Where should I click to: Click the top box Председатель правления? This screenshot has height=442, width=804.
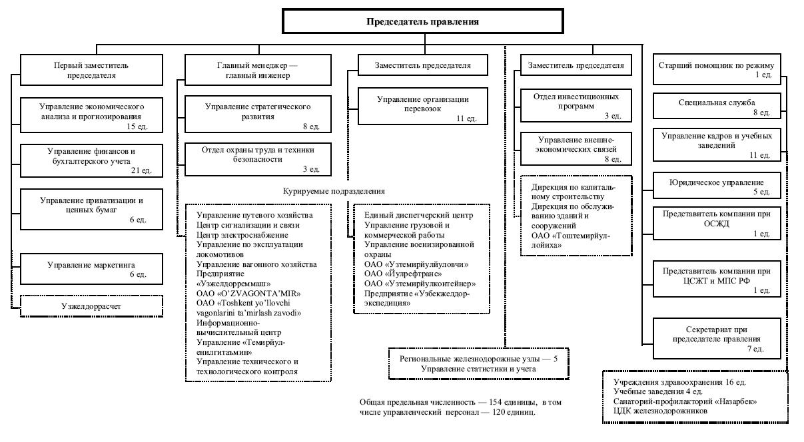pyautogui.click(x=422, y=21)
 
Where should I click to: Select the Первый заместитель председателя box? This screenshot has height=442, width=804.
pyautogui.click(x=91, y=70)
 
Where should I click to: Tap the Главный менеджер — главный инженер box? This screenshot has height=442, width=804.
pyautogui.click(x=258, y=70)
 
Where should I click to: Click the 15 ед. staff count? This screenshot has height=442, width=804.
pyautogui.click(x=137, y=126)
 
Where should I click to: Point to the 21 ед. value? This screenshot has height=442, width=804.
pyautogui.click(x=141, y=170)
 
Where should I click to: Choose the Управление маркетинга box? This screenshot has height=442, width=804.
pyautogui.click(x=91, y=269)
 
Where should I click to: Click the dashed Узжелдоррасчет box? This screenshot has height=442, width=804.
pyautogui.click(x=91, y=306)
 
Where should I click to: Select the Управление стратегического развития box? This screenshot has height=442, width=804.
pyautogui.click(x=258, y=114)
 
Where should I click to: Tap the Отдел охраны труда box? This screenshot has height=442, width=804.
pyautogui.click(x=258, y=159)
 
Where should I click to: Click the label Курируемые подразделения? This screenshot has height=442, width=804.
pyautogui.click(x=334, y=191)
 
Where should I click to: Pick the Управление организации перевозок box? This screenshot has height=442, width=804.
pyautogui.click(x=423, y=107)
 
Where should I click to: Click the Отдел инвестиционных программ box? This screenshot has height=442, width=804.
pyautogui.click(x=576, y=105)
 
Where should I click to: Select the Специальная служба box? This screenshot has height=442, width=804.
pyautogui.click(x=717, y=106)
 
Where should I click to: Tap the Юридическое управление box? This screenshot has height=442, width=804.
pyautogui.click(x=717, y=186)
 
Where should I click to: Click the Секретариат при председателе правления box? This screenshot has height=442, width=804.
pyautogui.click(x=717, y=338)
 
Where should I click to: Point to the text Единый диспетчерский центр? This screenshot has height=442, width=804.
pyautogui.click(x=418, y=215)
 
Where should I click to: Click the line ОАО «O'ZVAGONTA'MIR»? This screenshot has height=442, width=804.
pyautogui.click(x=248, y=294)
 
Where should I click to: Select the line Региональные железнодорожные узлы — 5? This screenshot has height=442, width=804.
pyautogui.click(x=478, y=359)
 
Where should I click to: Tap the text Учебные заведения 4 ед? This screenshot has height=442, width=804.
pyautogui.click(x=658, y=391)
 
